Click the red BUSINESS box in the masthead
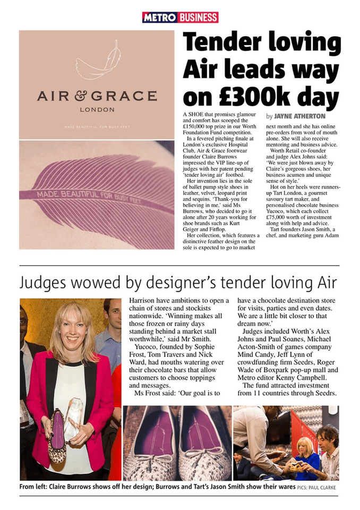point(198,18)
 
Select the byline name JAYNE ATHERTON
point(300,116)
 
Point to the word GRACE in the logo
point(130,96)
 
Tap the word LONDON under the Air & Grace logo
point(97,110)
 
